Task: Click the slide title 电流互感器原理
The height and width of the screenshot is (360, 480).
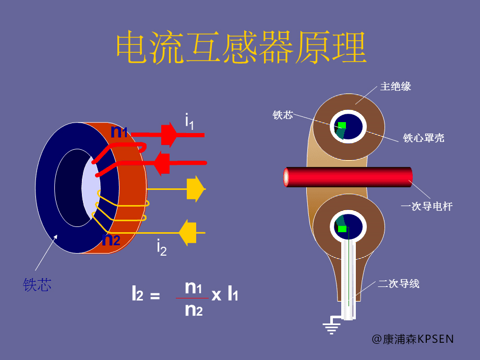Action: point(241,48)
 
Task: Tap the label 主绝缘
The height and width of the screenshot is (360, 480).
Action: point(395,87)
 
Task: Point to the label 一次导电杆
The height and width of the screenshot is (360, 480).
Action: point(426,207)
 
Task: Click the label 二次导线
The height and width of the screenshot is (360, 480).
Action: point(399,284)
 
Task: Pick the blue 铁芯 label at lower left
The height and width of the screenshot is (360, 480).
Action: point(37,284)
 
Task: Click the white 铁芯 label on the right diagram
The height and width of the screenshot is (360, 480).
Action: point(283,115)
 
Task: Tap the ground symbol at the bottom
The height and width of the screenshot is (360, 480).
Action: point(331,327)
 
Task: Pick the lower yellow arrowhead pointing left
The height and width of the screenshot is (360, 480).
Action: point(187,232)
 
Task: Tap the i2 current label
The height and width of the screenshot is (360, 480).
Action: point(162,247)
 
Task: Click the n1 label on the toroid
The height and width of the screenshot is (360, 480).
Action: point(119,132)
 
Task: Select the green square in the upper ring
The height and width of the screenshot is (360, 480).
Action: point(342,125)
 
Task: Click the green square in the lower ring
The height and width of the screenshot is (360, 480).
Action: point(342,229)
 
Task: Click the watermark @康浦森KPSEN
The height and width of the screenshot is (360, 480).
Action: point(413,339)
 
